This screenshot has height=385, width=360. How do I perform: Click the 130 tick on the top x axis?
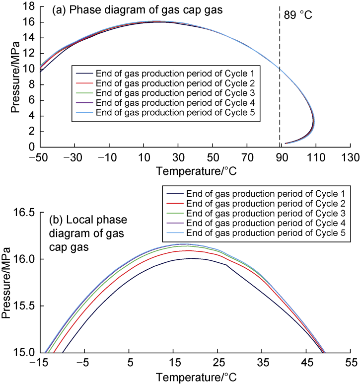pos(351,158)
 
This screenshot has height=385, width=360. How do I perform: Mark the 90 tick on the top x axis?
pos(282,158)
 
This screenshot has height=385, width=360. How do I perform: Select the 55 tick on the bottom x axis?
pos(351,363)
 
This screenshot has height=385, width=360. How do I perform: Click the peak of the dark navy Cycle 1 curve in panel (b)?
pos(191,258)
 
